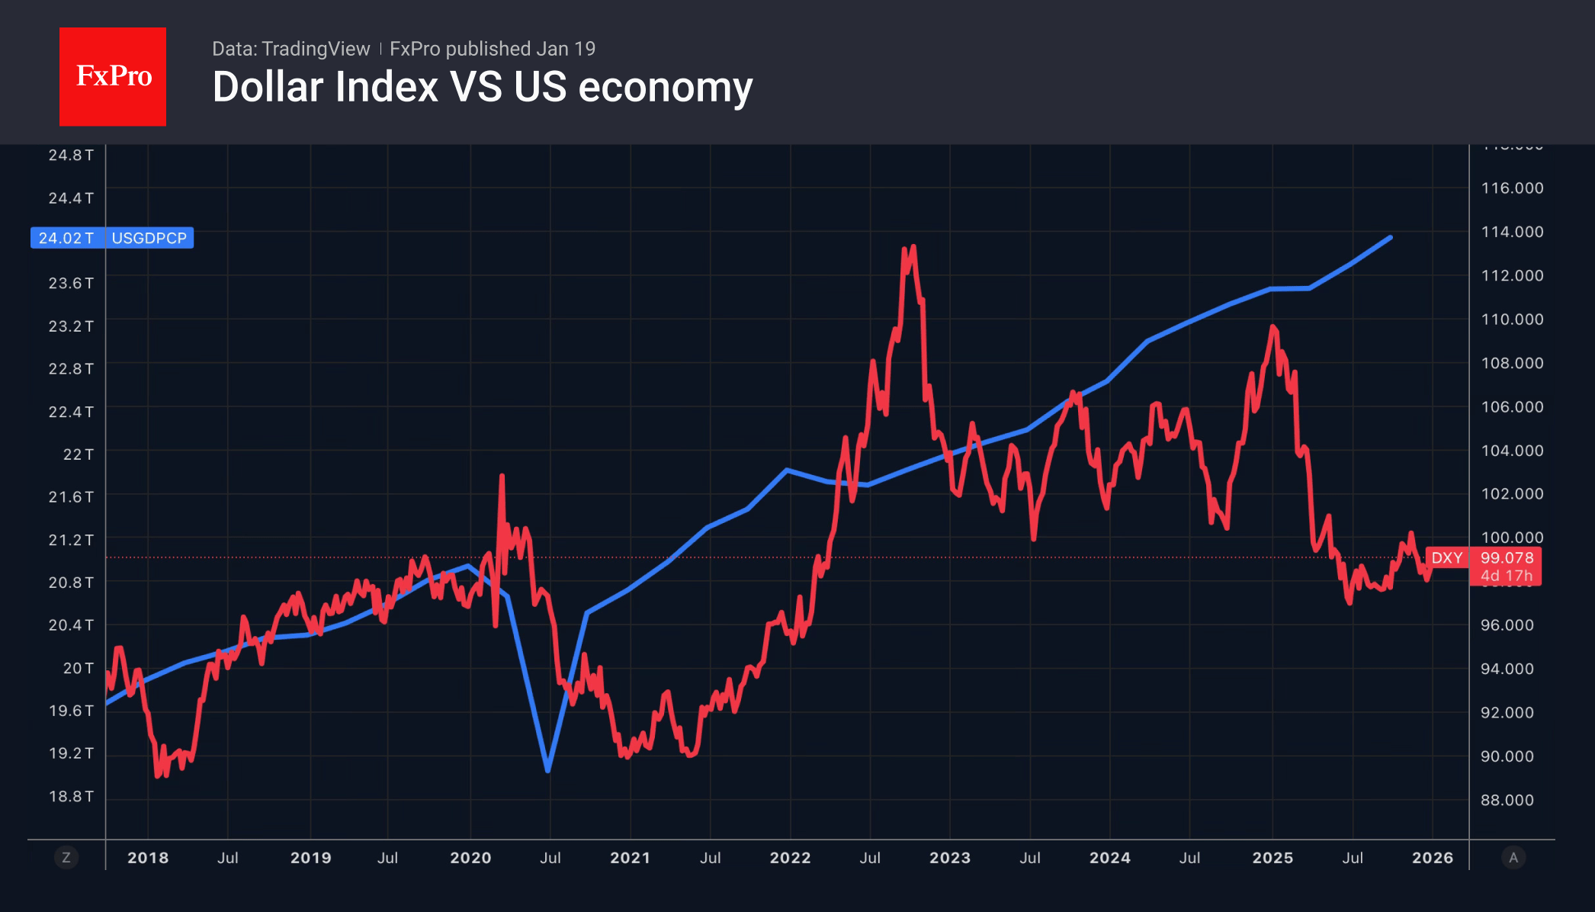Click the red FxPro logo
(113, 76)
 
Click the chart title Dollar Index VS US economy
(482, 87)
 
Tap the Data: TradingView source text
(290, 49)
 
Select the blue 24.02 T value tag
(66, 238)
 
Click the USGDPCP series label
(149, 238)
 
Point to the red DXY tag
(1446, 557)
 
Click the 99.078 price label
(1507, 557)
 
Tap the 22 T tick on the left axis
(78, 454)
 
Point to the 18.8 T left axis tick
(71, 796)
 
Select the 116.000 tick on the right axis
(1512, 188)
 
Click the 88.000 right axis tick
(1507, 800)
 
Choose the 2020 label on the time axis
(470, 858)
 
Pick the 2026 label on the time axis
(1432, 858)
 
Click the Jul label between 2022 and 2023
(870, 858)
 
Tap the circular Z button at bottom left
(66, 858)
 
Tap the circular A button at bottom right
(1513, 858)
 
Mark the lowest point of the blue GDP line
(548, 770)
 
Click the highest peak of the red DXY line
(913, 247)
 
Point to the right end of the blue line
(1391, 238)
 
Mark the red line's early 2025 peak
(1272, 327)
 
